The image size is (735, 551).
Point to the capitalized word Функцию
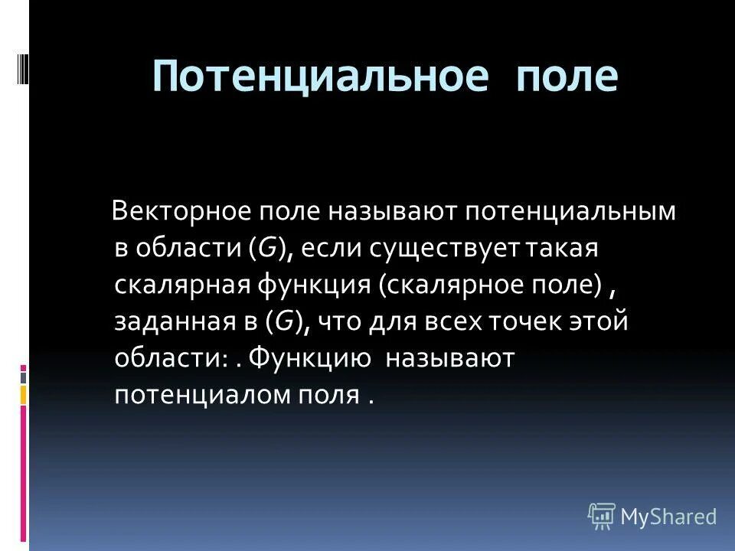[310, 358]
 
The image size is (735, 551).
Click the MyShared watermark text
[668, 517]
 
